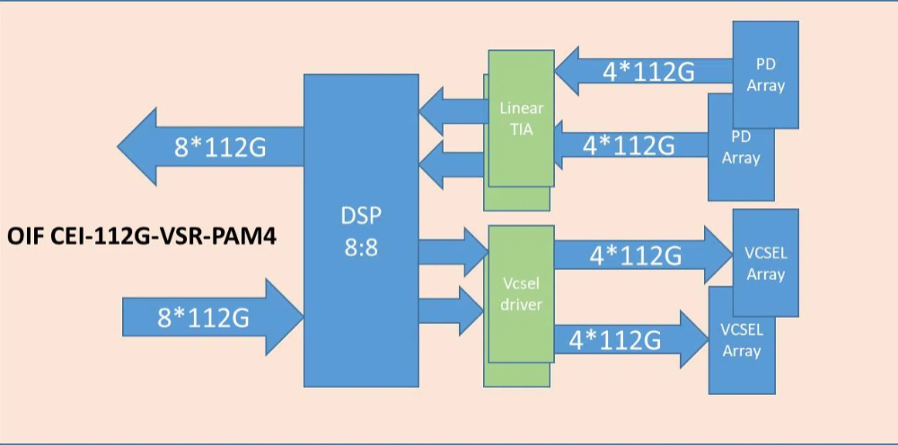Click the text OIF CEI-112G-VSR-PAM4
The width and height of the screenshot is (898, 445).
[142, 238]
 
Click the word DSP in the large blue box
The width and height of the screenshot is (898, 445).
[361, 218]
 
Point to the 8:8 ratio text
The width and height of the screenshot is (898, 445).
[361, 247]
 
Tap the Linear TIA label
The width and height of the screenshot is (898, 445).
[521, 118]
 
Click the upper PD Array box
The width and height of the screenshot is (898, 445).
[766, 75]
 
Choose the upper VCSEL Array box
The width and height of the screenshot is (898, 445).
[766, 263]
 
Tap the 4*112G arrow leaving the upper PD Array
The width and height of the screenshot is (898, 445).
[647, 71]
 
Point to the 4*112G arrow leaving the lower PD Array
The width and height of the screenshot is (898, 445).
[629, 144]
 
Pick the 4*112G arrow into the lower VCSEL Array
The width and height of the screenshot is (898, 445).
[620, 340]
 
